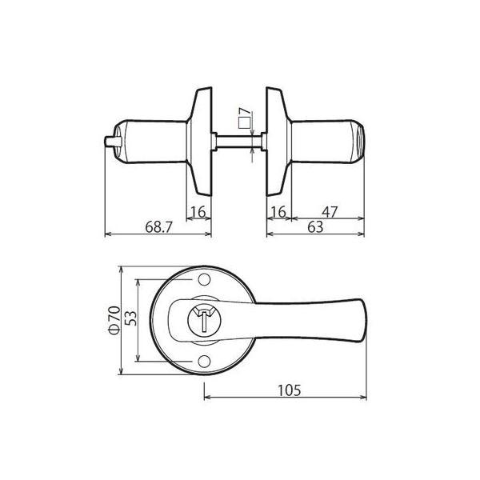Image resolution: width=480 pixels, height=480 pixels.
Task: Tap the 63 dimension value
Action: pos(316,226)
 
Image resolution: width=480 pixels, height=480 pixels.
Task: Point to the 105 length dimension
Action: pos(289,390)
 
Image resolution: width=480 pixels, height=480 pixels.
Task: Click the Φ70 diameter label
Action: pos(114,318)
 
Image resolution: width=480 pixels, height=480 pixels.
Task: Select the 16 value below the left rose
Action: pos(199,211)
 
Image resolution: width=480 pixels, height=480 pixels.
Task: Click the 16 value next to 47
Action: pos(278,211)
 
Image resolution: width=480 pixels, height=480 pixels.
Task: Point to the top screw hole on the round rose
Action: pos(203,279)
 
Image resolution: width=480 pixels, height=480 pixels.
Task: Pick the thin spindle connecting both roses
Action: pos(238,142)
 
